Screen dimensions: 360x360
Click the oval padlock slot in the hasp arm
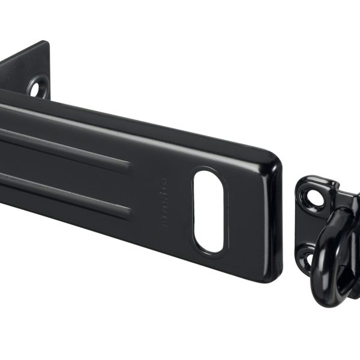pos(208,211)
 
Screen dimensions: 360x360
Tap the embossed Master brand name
pos(164,202)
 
